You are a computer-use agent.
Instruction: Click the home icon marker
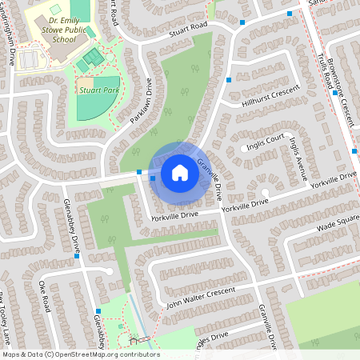[x=179, y=172]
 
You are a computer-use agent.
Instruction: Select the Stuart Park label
[x=98, y=92]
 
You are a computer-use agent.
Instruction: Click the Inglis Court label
[x=266, y=140]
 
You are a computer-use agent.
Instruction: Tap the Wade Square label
[x=337, y=222]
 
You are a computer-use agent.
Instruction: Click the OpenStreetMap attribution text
[x=81, y=354]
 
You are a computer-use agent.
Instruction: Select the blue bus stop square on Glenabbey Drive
[x=77, y=257]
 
